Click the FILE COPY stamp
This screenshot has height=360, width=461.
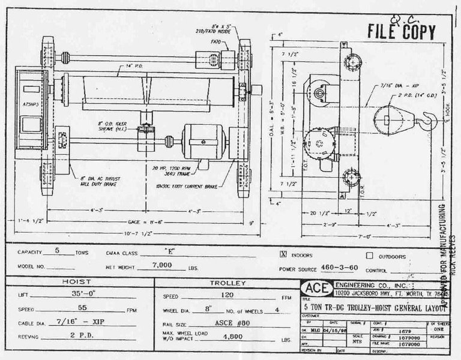(x=401, y=31)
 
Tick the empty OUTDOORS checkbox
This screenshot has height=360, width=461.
(x=369, y=254)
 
